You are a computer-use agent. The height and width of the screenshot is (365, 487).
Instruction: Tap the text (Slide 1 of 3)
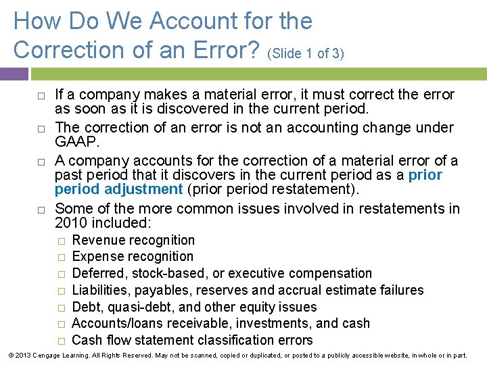click(x=306, y=53)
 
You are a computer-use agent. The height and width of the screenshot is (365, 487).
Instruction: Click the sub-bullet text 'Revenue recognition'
click(x=133, y=240)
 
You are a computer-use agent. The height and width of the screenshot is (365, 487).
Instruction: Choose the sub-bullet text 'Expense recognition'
click(x=133, y=257)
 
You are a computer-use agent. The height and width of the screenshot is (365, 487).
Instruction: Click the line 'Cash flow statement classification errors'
click(x=192, y=340)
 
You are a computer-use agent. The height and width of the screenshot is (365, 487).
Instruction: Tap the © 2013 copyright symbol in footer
click(x=6, y=355)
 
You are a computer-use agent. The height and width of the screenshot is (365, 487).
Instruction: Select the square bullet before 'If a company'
click(x=40, y=95)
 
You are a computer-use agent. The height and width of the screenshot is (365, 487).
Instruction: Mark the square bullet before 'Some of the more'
click(x=40, y=210)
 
